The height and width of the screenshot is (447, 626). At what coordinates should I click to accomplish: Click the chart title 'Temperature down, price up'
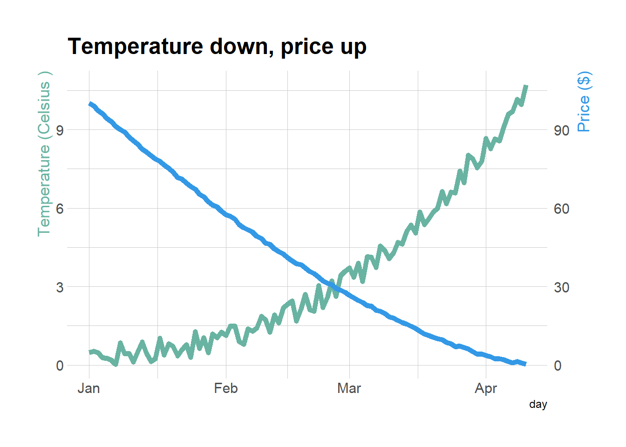pos(217,47)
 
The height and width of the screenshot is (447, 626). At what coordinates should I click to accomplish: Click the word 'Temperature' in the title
pos(135,47)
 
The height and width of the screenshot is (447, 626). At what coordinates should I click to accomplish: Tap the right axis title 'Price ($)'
pos(584,102)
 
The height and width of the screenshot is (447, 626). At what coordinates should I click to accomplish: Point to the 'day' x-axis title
pos(538,404)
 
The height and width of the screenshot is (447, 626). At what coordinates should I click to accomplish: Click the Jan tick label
pos(88,388)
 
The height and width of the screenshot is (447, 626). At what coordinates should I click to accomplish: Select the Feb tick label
pos(226,388)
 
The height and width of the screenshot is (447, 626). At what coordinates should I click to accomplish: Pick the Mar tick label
pos(349,388)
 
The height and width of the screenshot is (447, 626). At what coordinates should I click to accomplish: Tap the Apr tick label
pos(486,388)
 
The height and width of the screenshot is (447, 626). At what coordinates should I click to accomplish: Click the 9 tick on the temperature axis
pos(60,130)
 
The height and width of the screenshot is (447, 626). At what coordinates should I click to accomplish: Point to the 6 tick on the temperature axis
pos(60,209)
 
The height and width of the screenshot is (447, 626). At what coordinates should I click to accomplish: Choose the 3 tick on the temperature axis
pos(60,287)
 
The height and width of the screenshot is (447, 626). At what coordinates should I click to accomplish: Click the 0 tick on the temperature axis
pos(60,366)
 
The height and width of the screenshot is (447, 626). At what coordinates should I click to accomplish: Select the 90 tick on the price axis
pos(561,130)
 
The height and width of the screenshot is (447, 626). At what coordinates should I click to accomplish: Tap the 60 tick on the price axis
pos(561,209)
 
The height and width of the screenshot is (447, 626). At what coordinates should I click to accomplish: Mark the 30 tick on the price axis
pos(561,287)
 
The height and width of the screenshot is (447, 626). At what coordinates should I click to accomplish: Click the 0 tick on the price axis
pos(557,366)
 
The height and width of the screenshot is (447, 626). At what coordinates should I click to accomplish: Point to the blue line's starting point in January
pos(90,104)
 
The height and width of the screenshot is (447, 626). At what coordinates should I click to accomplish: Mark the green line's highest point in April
pos(526,86)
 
